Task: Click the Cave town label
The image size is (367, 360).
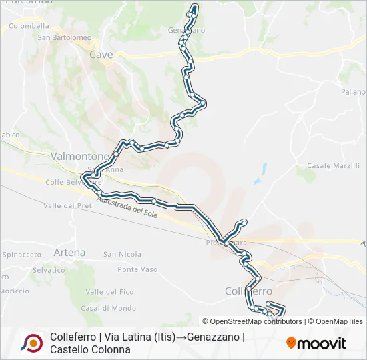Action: [101, 55]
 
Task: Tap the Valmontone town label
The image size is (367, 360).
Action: [79, 156]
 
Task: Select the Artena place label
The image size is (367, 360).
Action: [70, 253]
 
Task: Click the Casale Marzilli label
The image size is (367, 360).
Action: [333, 165]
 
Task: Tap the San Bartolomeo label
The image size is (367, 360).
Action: [64, 37]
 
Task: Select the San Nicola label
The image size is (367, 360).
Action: [122, 254]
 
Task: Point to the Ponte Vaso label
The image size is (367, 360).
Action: [137, 269]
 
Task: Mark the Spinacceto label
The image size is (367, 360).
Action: [22, 255]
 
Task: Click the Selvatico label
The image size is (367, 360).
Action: [49, 270]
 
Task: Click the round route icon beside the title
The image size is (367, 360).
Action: [31, 343]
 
